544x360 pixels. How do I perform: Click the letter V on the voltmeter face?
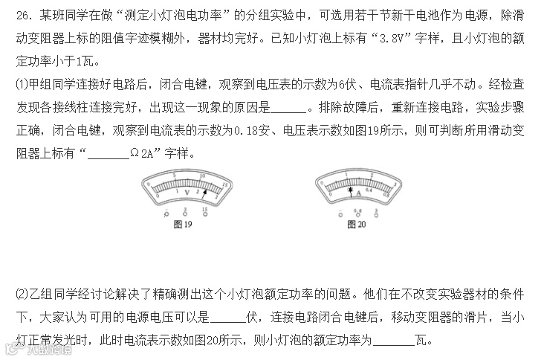pos(187,192)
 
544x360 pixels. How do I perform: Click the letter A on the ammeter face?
pos(358,192)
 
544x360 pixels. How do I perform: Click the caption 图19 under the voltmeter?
pos(182,224)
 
